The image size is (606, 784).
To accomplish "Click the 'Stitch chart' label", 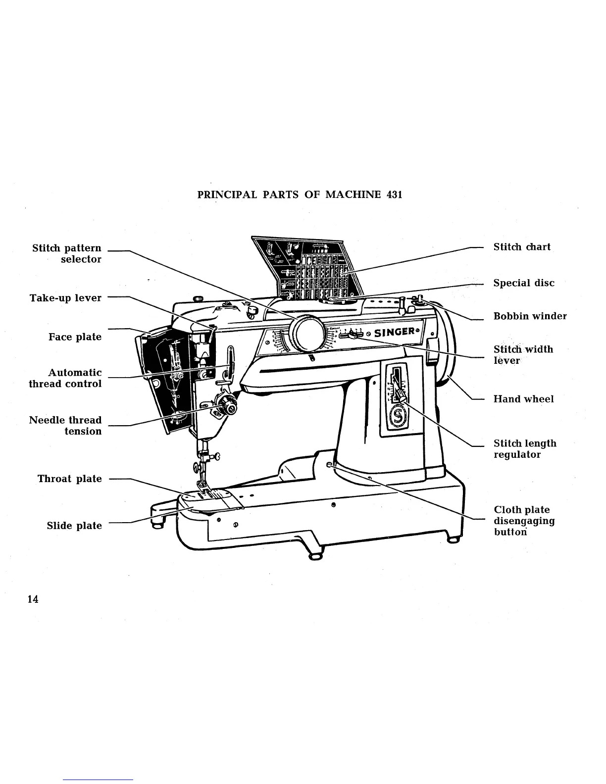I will coord(522,247).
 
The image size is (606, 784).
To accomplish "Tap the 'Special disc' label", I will coord(524,283).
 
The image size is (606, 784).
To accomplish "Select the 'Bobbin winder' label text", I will coord(530,316).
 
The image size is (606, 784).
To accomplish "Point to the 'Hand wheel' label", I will coord(523,399).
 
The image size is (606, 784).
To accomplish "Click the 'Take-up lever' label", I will coord(65,298).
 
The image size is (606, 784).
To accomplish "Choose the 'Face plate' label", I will coord(75,337).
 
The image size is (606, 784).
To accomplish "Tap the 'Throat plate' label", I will coord(70,479).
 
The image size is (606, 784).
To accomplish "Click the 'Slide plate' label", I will coord(74,526).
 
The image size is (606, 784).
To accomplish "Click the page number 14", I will coord(33,599).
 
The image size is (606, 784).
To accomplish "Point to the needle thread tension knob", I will coord(228,406).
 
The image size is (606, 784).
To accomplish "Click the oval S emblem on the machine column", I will coord(397,416).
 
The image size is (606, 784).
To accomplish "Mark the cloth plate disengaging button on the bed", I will coord(330,465).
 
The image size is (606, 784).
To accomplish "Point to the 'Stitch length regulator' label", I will coord(525,449).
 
